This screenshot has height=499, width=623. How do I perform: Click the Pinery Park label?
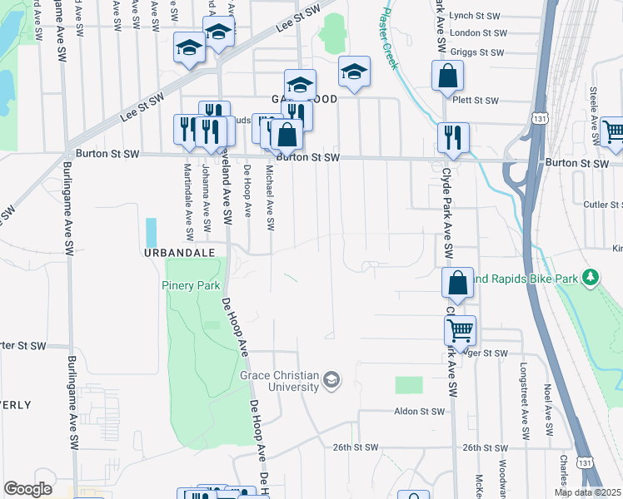point(190,284)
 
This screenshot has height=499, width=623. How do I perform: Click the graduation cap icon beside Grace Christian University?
point(331,381)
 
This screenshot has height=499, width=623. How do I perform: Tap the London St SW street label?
point(477,33)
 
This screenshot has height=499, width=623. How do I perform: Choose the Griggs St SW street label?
point(477,52)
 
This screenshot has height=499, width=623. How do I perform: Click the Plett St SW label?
point(477,101)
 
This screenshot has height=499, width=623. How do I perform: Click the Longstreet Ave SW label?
point(524,401)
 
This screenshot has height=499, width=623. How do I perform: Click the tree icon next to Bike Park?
point(591,276)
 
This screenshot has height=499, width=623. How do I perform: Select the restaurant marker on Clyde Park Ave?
point(453,136)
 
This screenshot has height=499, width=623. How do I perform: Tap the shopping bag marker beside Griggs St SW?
point(447,76)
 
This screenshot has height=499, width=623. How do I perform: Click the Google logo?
point(27,489)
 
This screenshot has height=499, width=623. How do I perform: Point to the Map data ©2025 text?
point(588,492)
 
